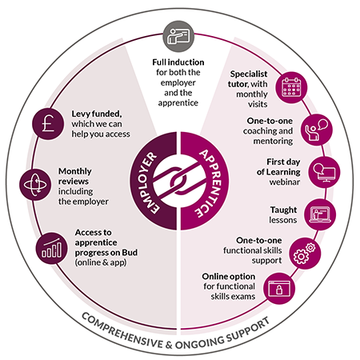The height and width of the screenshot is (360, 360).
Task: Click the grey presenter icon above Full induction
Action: (178, 37)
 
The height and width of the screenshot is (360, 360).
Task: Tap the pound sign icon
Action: (48, 124)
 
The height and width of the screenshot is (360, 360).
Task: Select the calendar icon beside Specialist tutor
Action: (291, 87)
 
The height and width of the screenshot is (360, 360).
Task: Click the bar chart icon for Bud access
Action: (51, 249)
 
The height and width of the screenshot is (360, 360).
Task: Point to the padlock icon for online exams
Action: (279, 288)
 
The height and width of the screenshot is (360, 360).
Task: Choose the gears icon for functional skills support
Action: (305, 253)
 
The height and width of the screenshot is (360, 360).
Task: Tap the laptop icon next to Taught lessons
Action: (320, 214)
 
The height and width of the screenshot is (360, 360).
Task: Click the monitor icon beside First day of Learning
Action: (324, 172)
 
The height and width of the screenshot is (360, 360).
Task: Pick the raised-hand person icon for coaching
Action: (317, 130)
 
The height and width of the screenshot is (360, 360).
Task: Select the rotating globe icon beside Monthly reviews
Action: (35, 185)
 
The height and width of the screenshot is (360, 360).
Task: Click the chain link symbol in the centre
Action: (179, 181)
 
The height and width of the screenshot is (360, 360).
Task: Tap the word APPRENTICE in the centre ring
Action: (211, 183)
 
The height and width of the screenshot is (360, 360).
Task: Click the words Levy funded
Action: (97, 114)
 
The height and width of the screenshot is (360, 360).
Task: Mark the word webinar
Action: (285, 182)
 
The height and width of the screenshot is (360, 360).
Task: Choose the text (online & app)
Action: (101, 262)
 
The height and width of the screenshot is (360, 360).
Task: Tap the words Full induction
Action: (178, 62)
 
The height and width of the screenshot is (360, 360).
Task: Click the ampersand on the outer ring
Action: (169, 345)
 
